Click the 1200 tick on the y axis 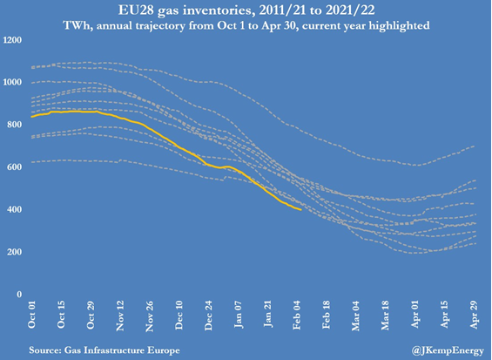pos(12,40)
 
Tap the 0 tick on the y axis pos(19,295)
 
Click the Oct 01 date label pos(31,315)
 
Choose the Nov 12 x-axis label pos(120,316)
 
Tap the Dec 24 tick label pos(209,316)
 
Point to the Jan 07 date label pos(238,315)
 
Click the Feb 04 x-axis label pos(297,315)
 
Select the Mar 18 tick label pos(386,316)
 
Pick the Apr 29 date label pos(474,315)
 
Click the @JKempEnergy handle pos(448,350)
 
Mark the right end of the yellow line pos(301,209)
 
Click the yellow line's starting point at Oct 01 pos(31,117)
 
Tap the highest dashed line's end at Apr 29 pos(474,146)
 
